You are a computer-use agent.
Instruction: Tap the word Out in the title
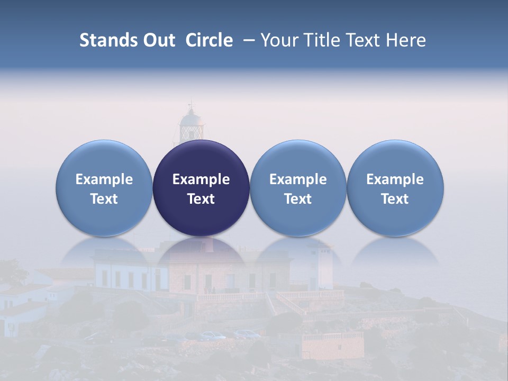click(x=158, y=40)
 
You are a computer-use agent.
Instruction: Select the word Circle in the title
click(x=209, y=40)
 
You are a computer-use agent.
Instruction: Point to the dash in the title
click(x=249, y=40)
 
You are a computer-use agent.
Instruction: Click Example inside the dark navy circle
click(x=201, y=179)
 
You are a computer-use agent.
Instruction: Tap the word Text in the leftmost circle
click(x=104, y=199)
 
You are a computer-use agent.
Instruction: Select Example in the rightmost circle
click(x=395, y=179)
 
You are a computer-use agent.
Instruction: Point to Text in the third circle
click(x=298, y=199)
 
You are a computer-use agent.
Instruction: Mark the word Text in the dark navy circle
click(x=201, y=199)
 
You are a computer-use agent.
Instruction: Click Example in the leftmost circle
click(x=104, y=179)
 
